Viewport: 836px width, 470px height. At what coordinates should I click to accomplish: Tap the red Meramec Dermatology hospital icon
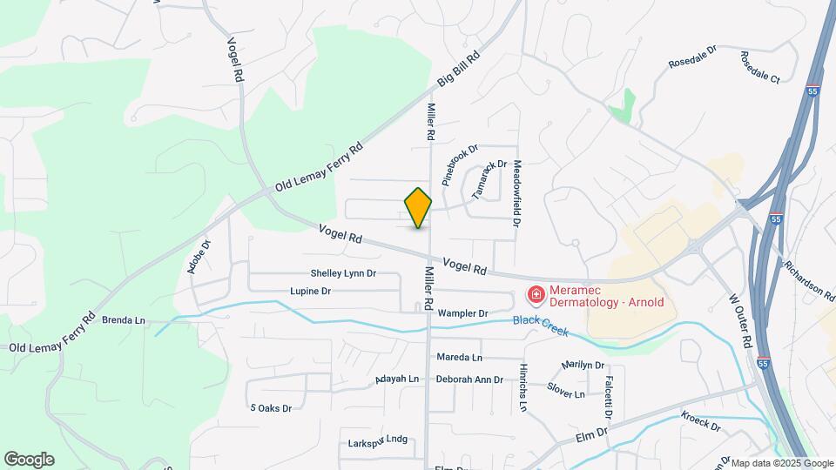(x=536, y=296)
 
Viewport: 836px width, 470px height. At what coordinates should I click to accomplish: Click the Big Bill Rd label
(x=459, y=69)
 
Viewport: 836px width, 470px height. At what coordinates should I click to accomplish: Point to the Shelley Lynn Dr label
(x=343, y=273)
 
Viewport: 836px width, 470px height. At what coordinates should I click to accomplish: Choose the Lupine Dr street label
(x=310, y=291)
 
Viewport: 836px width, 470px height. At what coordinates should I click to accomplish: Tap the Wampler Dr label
(x=462, y=312)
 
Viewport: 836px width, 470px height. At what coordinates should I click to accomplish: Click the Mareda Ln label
(x=459, y=358)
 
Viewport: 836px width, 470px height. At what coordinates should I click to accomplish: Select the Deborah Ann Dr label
(x=469, y=379)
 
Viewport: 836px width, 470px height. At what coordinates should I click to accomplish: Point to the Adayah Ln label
(x=397, y=379)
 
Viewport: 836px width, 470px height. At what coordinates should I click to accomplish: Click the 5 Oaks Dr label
(x=270, y=407)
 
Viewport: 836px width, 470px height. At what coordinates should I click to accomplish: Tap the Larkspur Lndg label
(x=377, y=440)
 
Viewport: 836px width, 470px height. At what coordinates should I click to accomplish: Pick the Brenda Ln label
(x=124, y=320)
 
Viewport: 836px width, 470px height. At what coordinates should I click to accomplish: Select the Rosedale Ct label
(x=760, y=67)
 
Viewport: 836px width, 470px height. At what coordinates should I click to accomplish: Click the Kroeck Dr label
(x=701, y=421)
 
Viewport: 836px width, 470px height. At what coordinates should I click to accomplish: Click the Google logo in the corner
(x=29, y=460)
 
